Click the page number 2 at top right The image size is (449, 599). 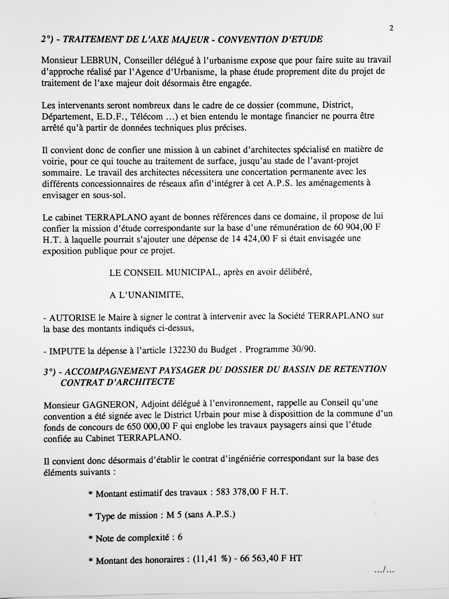pyautogui.click(x=391, y=28)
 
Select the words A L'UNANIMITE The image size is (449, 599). pyautogui.click(x=146, y=295)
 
